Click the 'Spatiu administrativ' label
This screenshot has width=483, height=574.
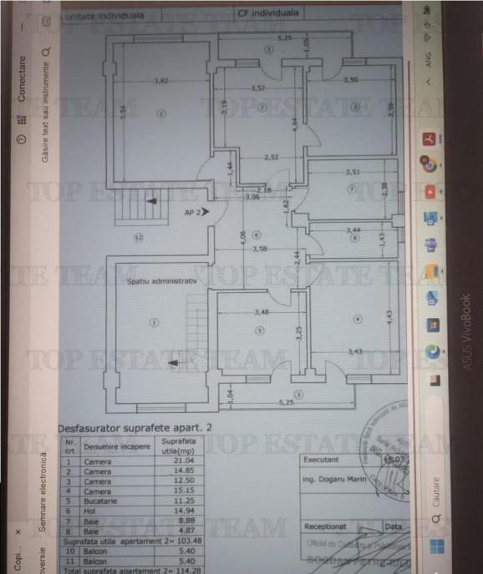[x=162, y=281]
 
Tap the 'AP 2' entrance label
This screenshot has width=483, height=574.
[x=192, y=213]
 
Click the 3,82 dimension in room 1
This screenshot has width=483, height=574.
[x=161, y=81]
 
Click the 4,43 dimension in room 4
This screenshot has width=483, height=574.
[x=389, y=317]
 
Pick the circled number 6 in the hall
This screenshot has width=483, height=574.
[x=257, y=234]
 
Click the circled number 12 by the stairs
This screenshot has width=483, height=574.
[x=138, y=237]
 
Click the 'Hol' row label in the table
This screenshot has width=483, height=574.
[x=90, y=511]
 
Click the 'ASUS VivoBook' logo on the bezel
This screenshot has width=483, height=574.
[x=466, y=331]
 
